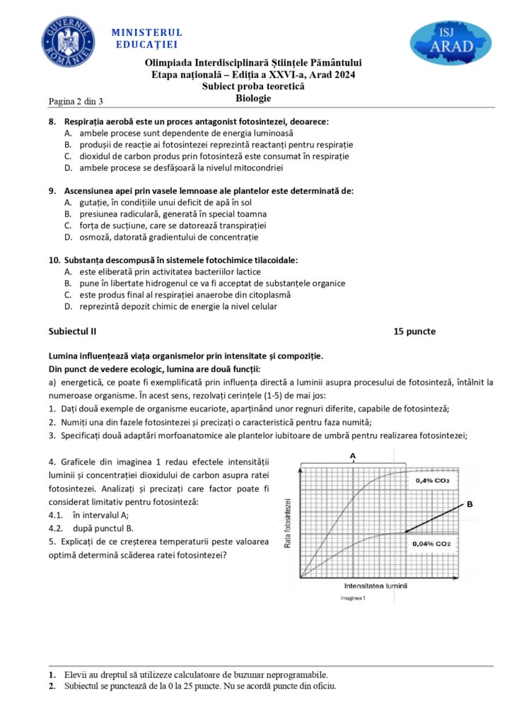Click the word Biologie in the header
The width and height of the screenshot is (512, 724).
(253, 98)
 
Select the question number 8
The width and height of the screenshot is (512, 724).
(52, 122)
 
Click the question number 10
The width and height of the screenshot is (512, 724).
(54, 259)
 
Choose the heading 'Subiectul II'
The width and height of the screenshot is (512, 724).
(72, 331)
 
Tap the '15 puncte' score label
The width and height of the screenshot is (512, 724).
(415, 331)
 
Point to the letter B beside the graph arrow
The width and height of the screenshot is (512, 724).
(469, 503)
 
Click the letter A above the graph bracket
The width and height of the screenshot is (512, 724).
(352, 456)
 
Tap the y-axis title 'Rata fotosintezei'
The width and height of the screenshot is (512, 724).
(288, 523)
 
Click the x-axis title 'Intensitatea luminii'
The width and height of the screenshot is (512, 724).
(376, 586)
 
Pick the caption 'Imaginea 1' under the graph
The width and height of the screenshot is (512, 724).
(353, 598)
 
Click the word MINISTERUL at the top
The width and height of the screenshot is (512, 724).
(146, 33)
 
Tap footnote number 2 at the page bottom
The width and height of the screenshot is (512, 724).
(52, 686)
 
